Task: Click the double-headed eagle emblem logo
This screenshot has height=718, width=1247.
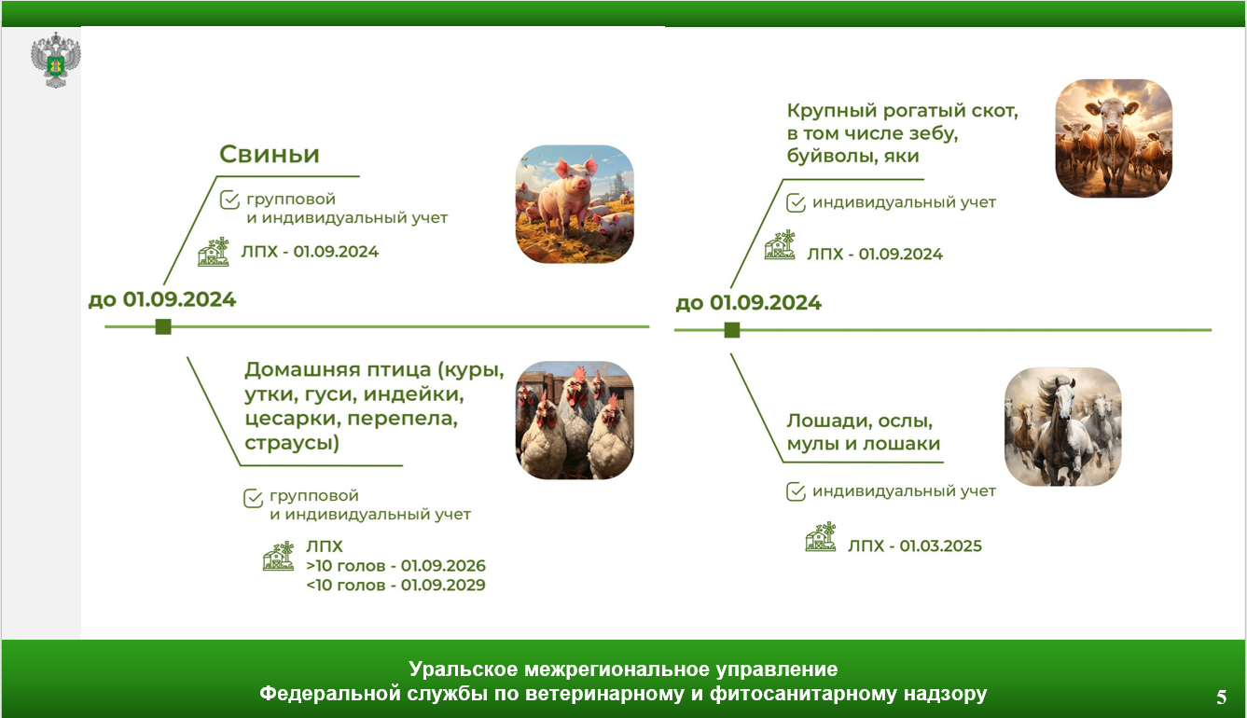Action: coord(55,60)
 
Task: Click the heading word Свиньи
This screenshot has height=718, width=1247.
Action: coord(270,154)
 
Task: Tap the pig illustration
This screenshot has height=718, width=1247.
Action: coord(575,204)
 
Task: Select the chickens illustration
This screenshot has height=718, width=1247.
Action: coord(575,421)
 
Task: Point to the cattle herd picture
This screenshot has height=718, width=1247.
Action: coord(1114,138)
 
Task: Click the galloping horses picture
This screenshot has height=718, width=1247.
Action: coord(1062,426)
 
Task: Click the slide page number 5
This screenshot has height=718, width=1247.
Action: coord(1222,697)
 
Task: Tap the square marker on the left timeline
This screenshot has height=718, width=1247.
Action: coord(163,326)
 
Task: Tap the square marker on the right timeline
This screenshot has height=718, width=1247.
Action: coord(732,330)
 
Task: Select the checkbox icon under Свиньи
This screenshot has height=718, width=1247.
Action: coord(229,200)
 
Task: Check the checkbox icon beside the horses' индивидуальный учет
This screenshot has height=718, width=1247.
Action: coord(797,492)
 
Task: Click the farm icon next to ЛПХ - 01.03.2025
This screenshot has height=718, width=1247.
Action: coord(821,537)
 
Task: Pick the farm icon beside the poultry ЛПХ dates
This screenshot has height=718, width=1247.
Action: coord(278,556)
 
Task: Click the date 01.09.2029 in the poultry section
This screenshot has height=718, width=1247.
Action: coord(443,585)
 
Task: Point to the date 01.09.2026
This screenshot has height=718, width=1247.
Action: coord(443,565)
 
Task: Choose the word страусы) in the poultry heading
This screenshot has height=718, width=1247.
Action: coord(292,443)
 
